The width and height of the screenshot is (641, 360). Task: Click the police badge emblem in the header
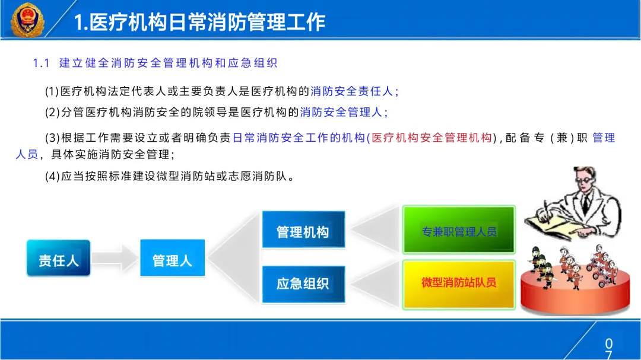tap(27, 19)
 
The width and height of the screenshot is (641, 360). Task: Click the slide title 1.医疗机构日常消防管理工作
tap(199, 22)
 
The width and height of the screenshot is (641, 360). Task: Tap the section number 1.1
tap(41, 63)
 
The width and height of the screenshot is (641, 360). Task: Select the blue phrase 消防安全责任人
tap(351, 91)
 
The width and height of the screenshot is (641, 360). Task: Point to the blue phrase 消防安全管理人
tap(341, 112)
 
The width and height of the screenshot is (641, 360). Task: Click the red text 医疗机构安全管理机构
tap(431, 138)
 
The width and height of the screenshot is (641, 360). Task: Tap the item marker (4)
tap(53, 177)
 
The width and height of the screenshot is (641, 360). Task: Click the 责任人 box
tap(58, 258)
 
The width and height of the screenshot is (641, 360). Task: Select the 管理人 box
tap(172, 258)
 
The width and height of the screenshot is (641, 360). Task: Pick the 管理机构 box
tap(303, 230)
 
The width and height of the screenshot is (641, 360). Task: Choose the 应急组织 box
tap(303, 284)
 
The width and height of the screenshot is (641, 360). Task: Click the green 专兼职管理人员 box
tap(459, 230)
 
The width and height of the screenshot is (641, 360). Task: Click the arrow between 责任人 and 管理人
tap(115, 258)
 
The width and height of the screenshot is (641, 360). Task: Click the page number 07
tap(609, 349)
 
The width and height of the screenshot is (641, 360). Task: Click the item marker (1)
tap(52, 91)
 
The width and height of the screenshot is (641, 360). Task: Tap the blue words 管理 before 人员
tap(604, 138)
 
